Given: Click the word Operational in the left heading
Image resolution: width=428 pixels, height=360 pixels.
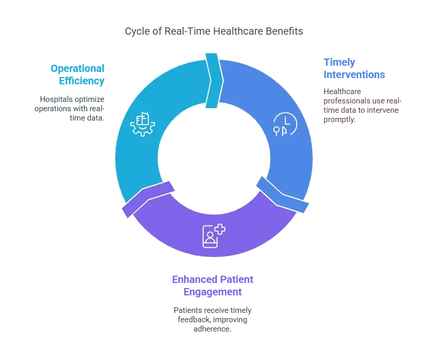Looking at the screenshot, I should (x=78, y=68).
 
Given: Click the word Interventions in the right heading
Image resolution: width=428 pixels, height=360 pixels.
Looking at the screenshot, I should (x=355, y=74).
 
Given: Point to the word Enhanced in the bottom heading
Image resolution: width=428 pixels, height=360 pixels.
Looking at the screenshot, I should (x=190, y=280).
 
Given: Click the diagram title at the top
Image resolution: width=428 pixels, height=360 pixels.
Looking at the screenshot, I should (x=214, y=32).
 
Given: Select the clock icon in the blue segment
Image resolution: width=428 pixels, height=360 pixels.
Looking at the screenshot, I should (x=283, y=124).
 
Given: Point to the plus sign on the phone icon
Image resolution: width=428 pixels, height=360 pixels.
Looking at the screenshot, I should (x=220, y=230).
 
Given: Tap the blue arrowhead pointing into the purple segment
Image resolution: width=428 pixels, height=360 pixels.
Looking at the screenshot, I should (x=283, y=196).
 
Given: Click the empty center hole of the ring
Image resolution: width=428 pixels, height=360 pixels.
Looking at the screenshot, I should (x=214, y=155).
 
